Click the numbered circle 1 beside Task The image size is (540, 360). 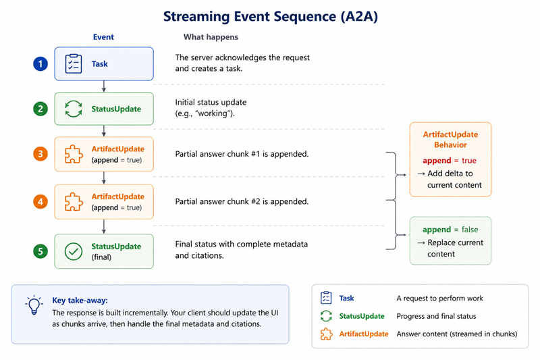[40, 63]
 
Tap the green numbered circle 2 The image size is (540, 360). [40, 109]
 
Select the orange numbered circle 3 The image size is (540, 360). [40, 153]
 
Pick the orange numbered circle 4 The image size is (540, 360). [40, 201]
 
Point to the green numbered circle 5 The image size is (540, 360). [40, 251]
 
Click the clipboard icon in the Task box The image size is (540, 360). [74, 63]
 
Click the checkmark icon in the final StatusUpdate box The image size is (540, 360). [74, 251]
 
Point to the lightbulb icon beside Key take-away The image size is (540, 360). [34, 305]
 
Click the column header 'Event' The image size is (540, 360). [103, 37]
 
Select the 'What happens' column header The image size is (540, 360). [211, 37]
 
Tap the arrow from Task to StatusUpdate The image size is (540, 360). [104, 86]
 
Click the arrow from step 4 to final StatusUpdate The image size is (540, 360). [104, 226]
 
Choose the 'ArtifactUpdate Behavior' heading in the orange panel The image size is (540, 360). [450, 140]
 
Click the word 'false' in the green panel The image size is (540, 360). [470, 230]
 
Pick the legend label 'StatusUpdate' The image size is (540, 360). [362, 316]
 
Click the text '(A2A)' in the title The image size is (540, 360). [359, 16]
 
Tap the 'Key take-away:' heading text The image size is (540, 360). [80, 301]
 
